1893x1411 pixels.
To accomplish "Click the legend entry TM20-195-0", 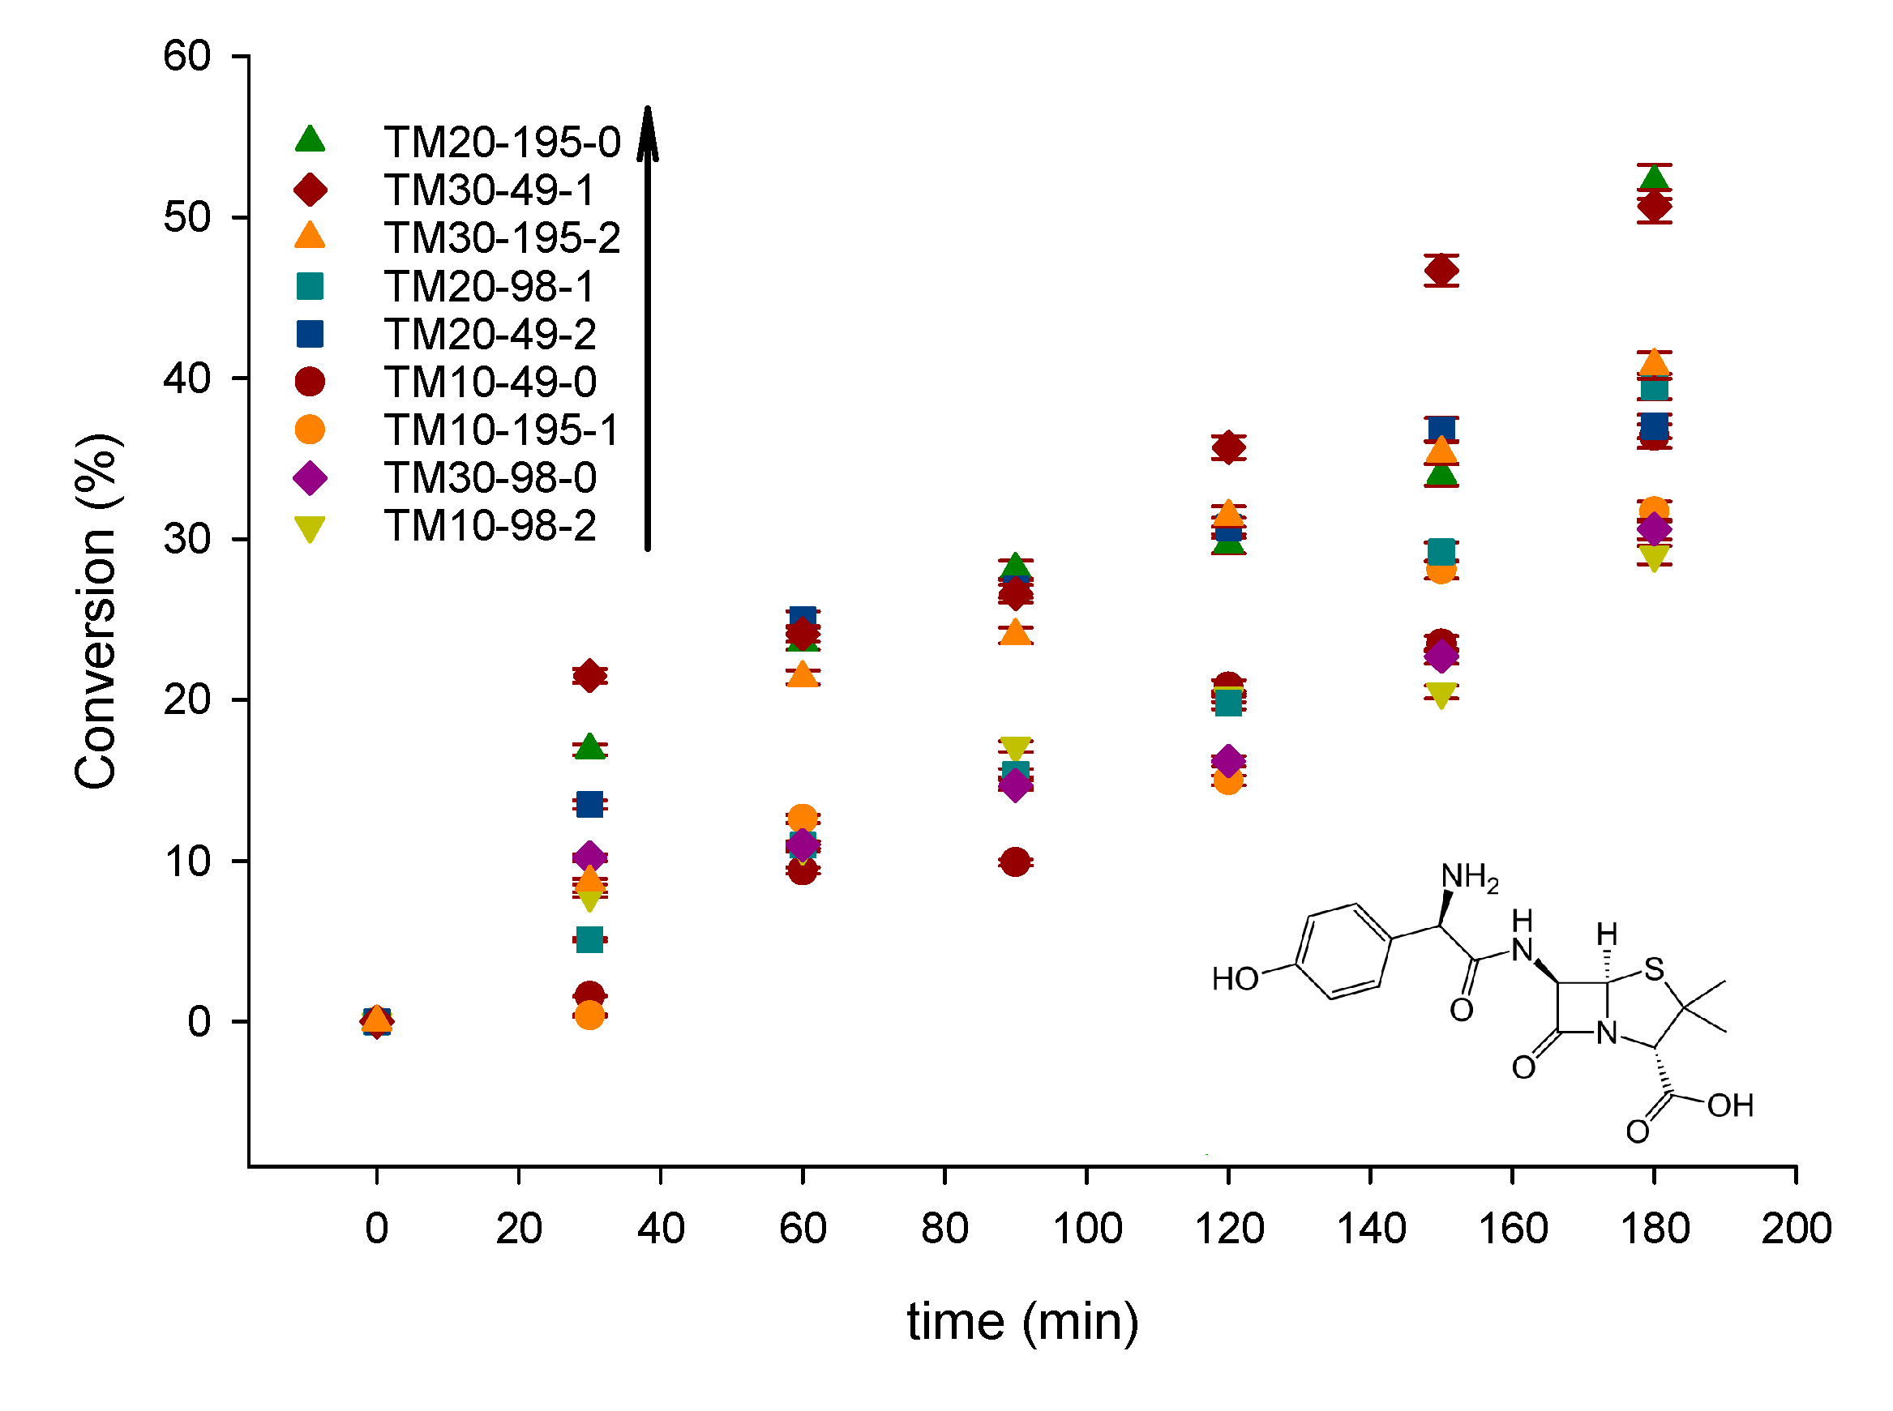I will [502, 142].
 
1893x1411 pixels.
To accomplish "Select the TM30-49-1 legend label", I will [489, 190].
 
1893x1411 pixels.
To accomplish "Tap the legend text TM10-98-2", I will [490, 525].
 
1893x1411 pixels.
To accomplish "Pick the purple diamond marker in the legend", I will [310, 477].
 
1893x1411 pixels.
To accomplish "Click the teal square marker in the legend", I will [310, 286].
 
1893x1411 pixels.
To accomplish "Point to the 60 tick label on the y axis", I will [187, 57].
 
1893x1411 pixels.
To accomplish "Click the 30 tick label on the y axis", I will [187, 539].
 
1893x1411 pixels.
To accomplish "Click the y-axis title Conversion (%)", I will [96, 611].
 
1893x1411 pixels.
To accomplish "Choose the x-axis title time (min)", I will [1022, 1322].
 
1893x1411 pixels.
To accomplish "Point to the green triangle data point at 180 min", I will [1655, 177].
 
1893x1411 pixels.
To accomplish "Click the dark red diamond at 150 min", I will [1442, 271].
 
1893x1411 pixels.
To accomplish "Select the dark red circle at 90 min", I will [1015, 862].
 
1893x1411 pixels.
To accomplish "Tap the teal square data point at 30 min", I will [589, 940].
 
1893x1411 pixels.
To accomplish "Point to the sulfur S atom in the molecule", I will [1655, 969].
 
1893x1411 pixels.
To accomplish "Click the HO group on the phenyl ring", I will [1236, 980].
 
